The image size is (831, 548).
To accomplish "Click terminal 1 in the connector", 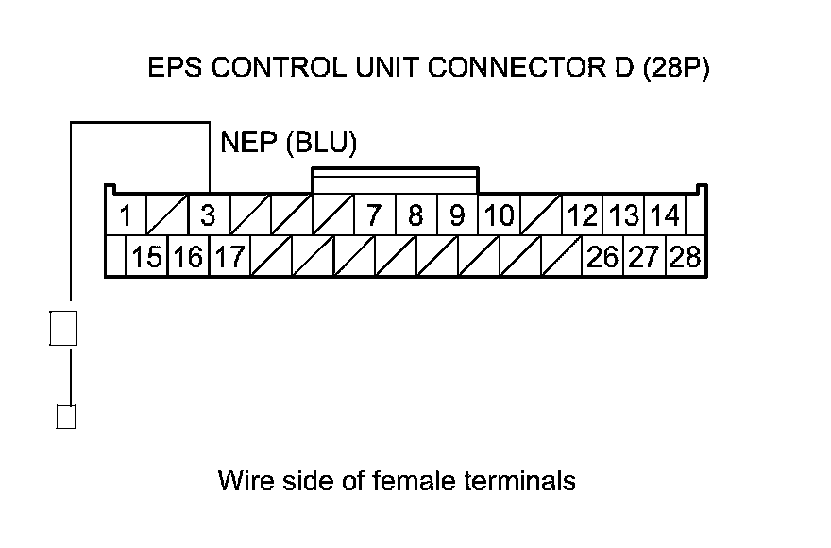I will [126, 215].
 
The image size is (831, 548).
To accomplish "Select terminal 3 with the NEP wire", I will [209, 215].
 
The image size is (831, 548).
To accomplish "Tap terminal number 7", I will [374, 215].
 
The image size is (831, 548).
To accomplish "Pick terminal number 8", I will [415, 215].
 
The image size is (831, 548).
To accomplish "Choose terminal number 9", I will [457, 215].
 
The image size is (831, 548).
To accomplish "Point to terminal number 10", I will [499, 215].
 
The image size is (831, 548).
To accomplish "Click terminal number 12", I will [583, 215].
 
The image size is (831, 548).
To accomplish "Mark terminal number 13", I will [624, 215].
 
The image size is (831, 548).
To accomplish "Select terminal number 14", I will [665, 215].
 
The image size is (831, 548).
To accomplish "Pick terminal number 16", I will [188, 257].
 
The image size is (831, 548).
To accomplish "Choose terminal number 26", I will [602, 257].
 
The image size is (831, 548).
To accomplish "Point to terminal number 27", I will [644, 257].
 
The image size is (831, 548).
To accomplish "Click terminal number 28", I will [686, 257].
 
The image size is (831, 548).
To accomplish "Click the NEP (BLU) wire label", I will [288, 144].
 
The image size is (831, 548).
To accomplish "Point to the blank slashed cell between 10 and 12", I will [541, 215].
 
